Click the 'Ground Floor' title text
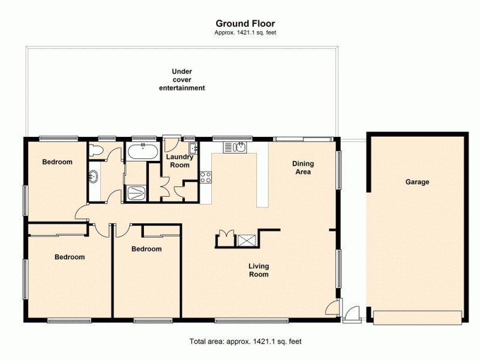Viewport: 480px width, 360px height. pyautogui.click(x=245, y=23)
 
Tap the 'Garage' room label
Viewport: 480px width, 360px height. pyautogui.click(x=417, y=182)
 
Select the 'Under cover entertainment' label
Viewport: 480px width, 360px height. pyautogui.click(x=182, y=80)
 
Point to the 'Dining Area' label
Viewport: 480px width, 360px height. pyautogui.click(x=303, y=167)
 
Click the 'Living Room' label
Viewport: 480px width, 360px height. pyautogui.click(x=259, y=270)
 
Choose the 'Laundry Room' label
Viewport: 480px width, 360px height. pyautogui.click(x=179, y=161)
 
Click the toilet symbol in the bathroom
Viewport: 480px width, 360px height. pyautogui.click(x=97, y=150)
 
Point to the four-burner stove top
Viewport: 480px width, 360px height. pyautogui.click(x=206, y=177)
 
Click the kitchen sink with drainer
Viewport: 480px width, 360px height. pyautogui.click(x=235, y=147)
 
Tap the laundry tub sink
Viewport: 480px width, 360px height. pyautogui.click(x=193, y=148)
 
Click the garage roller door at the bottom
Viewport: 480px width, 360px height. pyautogui.click(x=418, y=317)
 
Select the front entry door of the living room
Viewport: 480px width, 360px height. pyautogui.click(x=331, y=308)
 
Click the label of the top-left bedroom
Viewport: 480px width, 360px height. pyautogui.click(x=57, y=162)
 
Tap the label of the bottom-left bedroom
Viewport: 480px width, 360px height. pyautogui.click(x=70, y=257)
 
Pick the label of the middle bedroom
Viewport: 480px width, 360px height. pyautogui.click(x=146, y=249)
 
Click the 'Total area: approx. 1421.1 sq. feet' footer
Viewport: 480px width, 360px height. pyautogui.click(x=245, y=341)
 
